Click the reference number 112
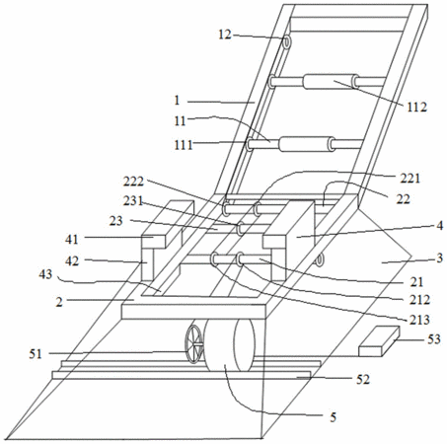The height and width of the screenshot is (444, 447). pos(416,107)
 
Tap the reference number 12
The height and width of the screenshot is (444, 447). pos(225,35)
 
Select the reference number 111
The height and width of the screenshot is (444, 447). pos(184,144)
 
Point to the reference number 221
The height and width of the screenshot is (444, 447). pos(410,178)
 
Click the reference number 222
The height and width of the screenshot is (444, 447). pos(133,182)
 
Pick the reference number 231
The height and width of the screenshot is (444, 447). pos(133,200)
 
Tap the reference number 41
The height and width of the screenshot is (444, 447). pos(72,240)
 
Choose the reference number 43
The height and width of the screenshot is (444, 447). pos(45,274)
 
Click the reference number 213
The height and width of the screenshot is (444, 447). pos(419,320)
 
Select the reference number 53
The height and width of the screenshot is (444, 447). pos(434,338)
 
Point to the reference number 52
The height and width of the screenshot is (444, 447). pos(363,379)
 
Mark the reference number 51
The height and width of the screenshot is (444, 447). pos(36,354)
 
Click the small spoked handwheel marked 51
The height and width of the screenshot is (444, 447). pos(194,344)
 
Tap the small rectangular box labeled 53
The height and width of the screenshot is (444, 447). pos(379,341)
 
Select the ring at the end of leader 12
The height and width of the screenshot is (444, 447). pos(287,42)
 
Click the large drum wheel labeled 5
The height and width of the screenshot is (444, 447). pos(229,345)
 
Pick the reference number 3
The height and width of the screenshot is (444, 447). pos(439,258)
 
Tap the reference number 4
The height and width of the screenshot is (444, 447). pos(439,226)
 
